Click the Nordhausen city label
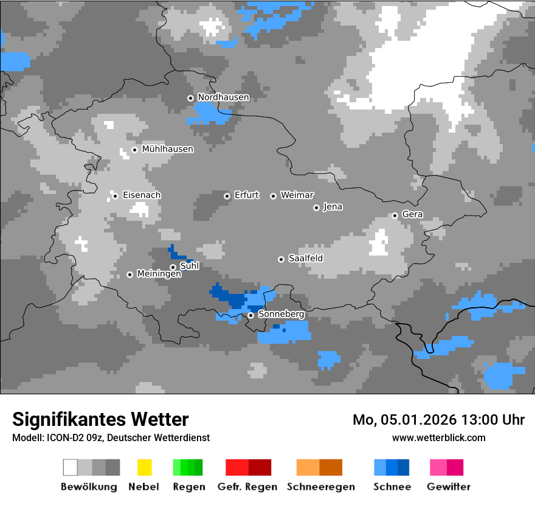pos(223,97)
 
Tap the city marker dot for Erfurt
pos(227,196)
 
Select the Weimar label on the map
pos(297,195)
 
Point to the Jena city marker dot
pos(316,207)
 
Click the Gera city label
pos(412,215)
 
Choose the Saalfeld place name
pos(305,259)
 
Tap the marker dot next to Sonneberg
pos(250,315)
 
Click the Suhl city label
pos(190,266)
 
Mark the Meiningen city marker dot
pos(129,274)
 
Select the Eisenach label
pos(142,195)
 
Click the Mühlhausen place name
pos(167,149)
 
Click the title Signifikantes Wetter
pos(100,420)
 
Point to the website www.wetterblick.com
pos(438,438)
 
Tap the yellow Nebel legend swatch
pos(144,467)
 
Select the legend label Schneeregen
pos(320,487)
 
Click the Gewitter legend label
pos(449,487)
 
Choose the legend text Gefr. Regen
pos(247,487)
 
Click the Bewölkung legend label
pos(89,487)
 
